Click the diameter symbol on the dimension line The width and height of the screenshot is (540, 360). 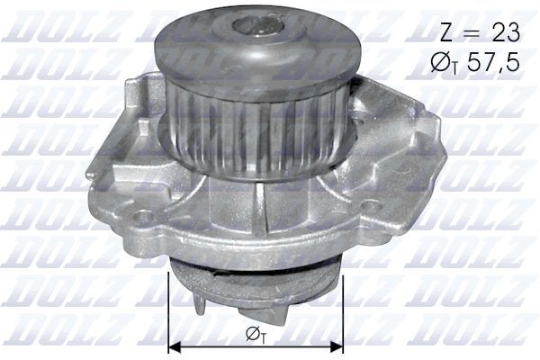click(250, 335)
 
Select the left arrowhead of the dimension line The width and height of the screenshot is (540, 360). click(176, 345)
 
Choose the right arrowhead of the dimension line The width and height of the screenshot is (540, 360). click(338, 345)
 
